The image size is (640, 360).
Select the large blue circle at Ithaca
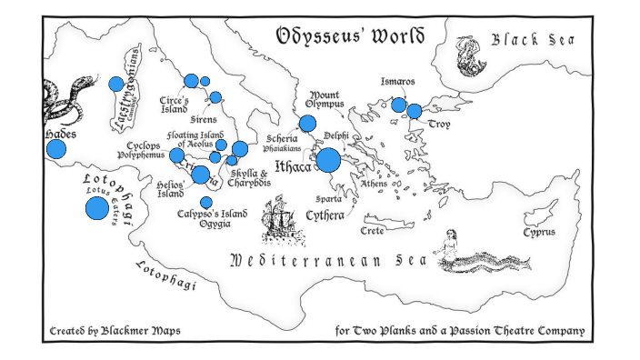327,160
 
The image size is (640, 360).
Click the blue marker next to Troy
415,111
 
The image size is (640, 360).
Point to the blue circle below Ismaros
398,105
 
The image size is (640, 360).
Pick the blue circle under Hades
56,150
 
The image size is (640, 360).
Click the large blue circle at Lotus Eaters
97,208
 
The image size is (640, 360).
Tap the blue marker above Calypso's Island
206,202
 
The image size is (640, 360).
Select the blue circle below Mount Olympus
307,124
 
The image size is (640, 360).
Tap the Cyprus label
538,233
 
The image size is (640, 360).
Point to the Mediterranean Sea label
328,262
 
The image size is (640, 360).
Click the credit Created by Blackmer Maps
115,331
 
